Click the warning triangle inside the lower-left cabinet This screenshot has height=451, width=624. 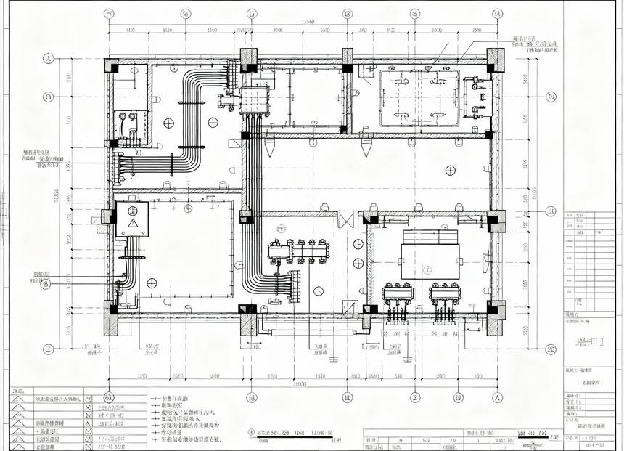[x=133, y=223]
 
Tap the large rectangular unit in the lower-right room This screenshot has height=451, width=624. [x=430, y=253]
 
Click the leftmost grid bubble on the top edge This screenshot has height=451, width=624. [x=109, y=13]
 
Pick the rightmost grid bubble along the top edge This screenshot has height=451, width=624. [x=497, y=13]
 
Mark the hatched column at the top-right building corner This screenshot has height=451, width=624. [x=496, y=60]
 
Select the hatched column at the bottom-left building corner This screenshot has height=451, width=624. [x=111, y=318]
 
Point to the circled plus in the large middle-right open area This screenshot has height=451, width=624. [x=451, y=170]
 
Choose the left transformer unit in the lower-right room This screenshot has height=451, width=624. [x=398, y=294]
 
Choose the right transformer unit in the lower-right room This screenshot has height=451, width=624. [x=444, y=294]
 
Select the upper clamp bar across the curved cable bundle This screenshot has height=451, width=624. [x=191, y=103]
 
